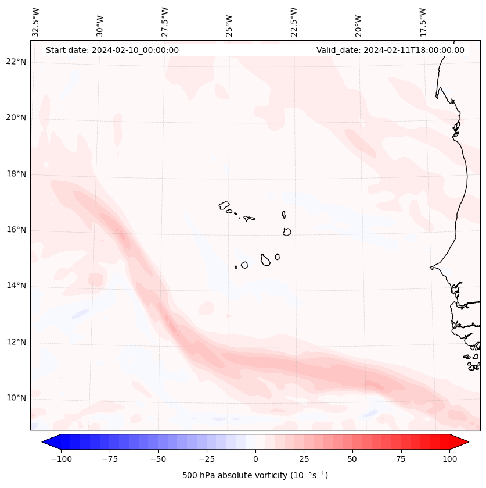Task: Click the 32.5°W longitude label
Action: (x=36, y=22)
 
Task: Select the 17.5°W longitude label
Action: (x=423, y=22)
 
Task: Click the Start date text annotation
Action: (x=112, y=50)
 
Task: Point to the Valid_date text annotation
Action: (x=390, y=50)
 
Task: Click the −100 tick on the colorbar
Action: (x=61, y=459)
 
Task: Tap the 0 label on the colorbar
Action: (x=255, y=459)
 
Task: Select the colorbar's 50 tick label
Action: (x=352, y=459)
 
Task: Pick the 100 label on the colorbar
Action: (x=449, y=459)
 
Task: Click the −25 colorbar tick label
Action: (x=207, y=459)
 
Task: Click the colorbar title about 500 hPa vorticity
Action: (x=255, y=475)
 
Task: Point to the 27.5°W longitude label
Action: (x=165, y=22)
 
